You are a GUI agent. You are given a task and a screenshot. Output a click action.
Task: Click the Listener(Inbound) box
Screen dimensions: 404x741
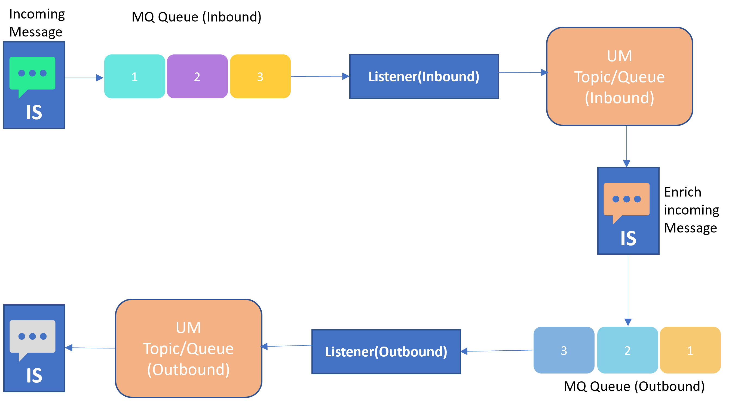(x=424, y=76)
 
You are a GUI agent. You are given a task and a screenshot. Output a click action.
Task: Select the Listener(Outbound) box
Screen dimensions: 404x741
(x=386, y=352)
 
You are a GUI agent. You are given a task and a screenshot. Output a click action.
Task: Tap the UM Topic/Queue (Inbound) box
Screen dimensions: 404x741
(x=619, y=76)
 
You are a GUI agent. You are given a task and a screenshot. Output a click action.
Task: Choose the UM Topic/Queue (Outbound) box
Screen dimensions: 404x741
(x=188, y=348)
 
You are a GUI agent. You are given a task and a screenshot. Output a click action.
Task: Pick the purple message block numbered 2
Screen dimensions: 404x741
(x=197, y=76)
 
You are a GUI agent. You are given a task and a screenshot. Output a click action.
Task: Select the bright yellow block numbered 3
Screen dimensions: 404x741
(x=260, y=76)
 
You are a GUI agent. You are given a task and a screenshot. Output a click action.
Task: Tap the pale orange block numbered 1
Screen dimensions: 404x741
(x=690, y=350)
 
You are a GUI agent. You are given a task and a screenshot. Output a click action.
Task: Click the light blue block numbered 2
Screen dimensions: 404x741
(x=627, y=350)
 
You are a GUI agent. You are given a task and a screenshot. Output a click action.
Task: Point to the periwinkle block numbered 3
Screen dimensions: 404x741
(x=564, y=350)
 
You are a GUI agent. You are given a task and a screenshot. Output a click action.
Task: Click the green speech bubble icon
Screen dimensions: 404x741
(x=32, y=74)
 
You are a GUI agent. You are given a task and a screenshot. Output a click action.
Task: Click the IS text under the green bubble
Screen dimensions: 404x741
(x=34, y=112)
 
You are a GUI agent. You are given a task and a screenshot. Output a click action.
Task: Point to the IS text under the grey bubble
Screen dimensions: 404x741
(x=34, y=375)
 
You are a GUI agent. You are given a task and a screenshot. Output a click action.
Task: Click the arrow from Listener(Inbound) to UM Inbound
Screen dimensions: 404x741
(x=522, y=72)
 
